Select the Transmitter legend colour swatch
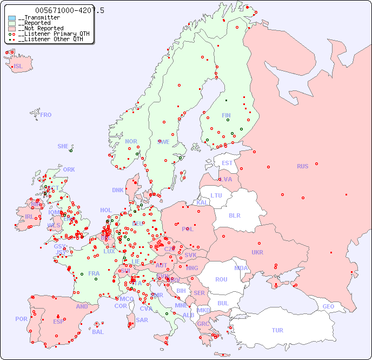point(11,18)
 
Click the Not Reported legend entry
point(41,28)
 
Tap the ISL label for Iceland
point(18,67)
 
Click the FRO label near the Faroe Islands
point(46,115)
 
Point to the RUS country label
point(302,166)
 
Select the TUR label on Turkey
point(277,330)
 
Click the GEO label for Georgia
point(328,306)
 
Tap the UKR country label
point(257,252)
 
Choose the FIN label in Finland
point(226,115)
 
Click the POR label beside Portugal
point(21,319)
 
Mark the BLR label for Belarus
point(234,215)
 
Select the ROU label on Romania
point(221,279)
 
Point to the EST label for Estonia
point(227,163)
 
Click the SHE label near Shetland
point(63,146)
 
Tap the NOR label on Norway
point(131,141)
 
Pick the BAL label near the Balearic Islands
point(97,332)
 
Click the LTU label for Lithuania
point(216,195)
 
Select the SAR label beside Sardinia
point(142,320)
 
